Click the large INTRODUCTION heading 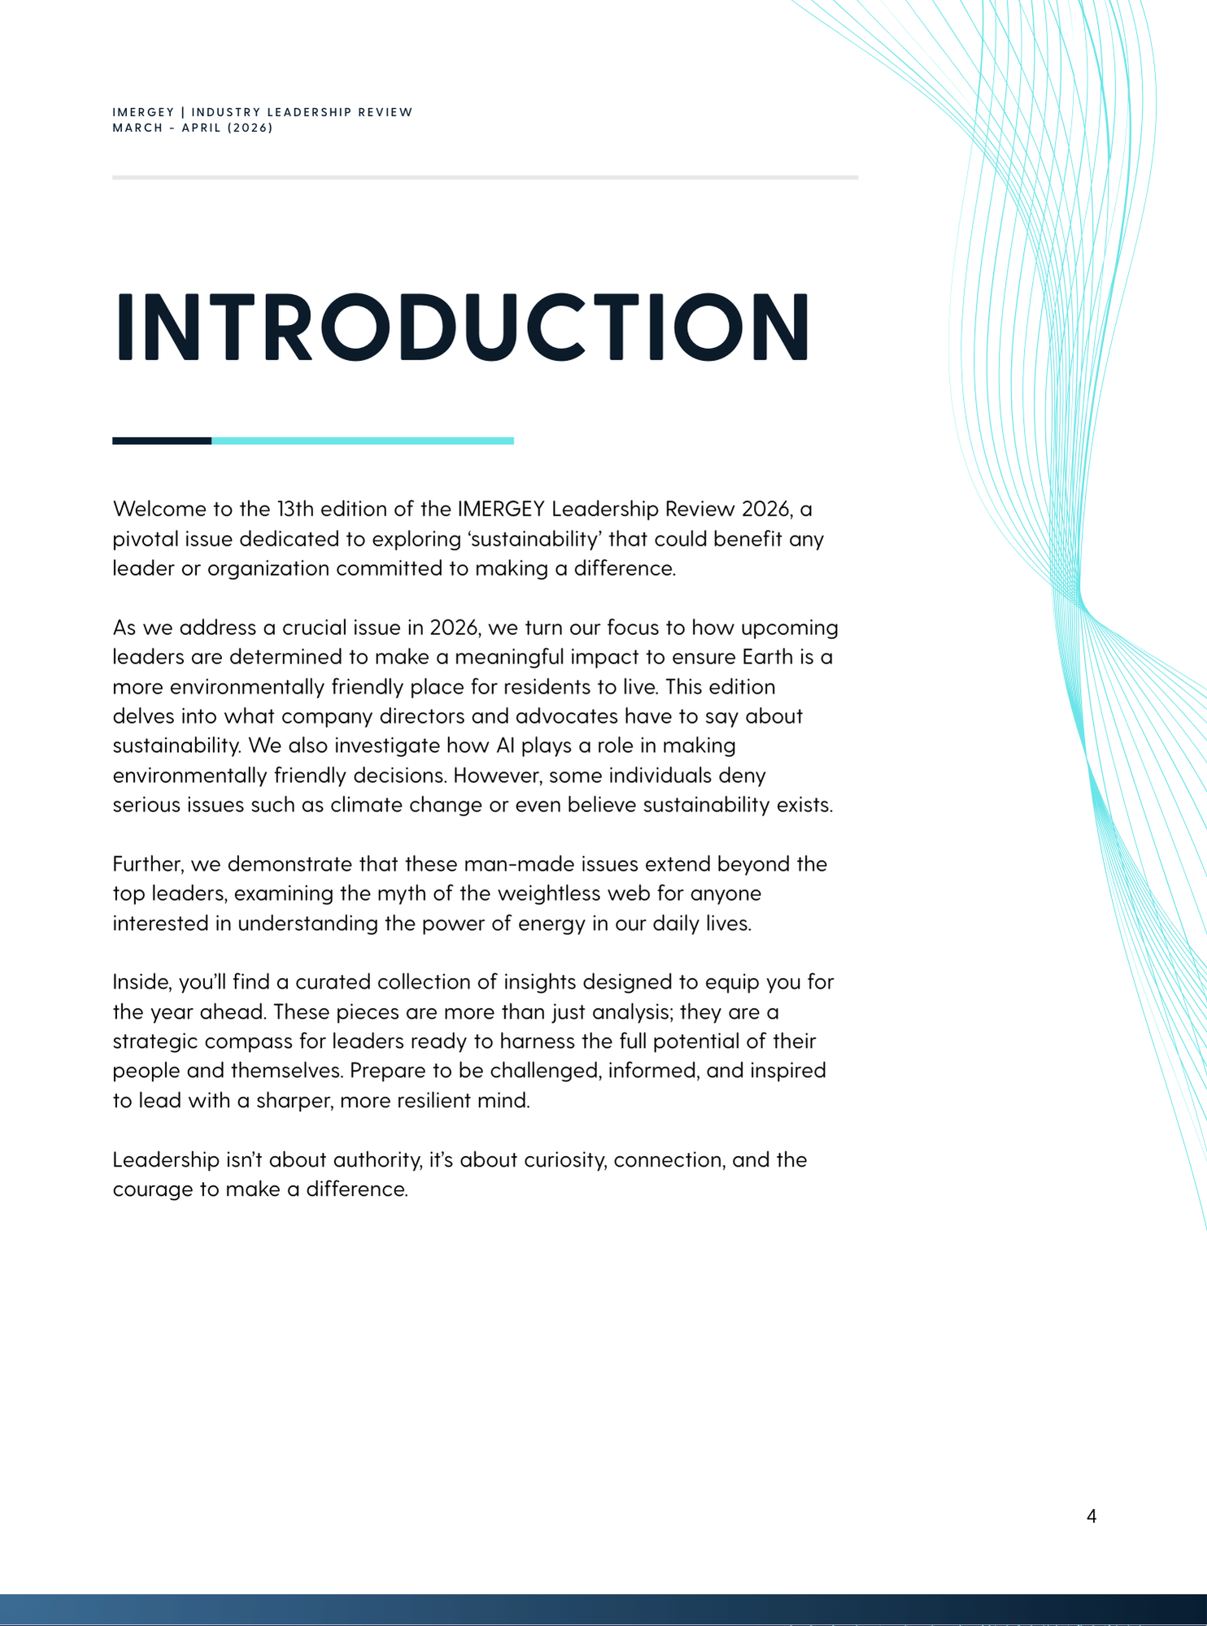point(462,326)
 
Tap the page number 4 point(1091,1515)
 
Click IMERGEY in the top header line point(143,112)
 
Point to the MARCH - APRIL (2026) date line point(193,128)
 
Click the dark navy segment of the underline point(162,441)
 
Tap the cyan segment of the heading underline point(362,441)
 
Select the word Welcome point(160,509)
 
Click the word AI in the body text point(505,746)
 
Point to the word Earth point(767,657)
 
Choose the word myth point(403,893)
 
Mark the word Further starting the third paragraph point(146,864)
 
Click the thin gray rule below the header point(485,177)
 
